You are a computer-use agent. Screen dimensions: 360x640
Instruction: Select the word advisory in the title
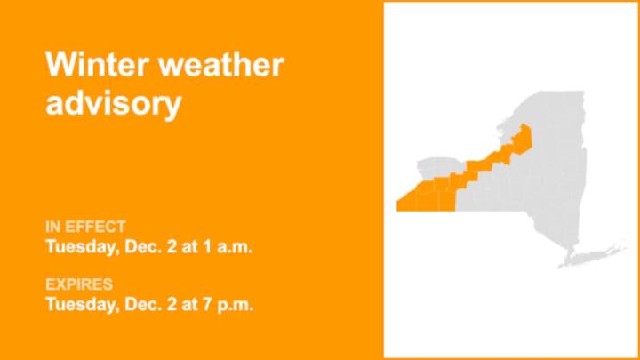tap(113, 104)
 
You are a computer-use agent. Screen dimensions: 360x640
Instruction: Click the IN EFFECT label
tap(85, 227)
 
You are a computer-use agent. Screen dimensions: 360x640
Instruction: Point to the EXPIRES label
tap(79, 285)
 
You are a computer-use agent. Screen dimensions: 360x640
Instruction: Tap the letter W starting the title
tap(60, 65)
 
